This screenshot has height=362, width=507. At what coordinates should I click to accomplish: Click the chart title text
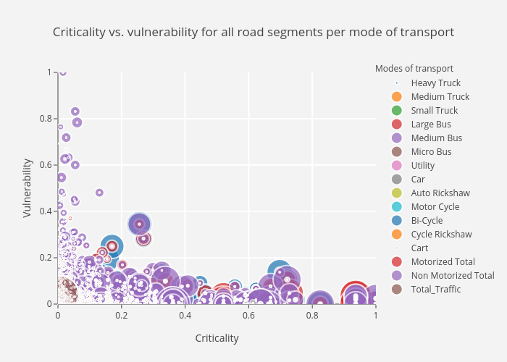click(x=253, y=33)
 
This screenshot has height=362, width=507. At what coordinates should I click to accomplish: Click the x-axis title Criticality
click(x=217, y=338)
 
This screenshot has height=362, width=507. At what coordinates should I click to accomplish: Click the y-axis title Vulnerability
click(x=28, y=188)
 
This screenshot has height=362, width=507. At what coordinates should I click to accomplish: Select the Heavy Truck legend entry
click(x=435, y=83)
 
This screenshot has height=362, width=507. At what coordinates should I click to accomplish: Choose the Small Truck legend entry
click(x=434, y=111)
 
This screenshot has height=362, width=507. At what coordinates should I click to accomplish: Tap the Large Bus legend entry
click(x=431, y=125)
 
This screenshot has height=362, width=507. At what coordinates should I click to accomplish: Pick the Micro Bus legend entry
click(x=431, y=152)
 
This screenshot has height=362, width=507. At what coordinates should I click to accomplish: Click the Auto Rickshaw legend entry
click(x=440, y=193)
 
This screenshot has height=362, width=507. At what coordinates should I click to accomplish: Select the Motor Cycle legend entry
click(x=435, y=207)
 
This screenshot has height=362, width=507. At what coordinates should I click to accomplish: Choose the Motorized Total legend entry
click(x=443, y=262)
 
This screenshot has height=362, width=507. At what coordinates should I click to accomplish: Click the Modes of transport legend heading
click(x=414, y=69)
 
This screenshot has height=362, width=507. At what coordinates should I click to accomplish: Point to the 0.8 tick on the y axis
click(x=48, y=119)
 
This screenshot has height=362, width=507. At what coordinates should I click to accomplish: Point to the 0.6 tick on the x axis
click(x=248, y=316)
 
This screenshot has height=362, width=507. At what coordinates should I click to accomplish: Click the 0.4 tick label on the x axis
click(x=185, y=316)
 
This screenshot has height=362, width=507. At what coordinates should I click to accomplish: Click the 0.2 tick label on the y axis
click(x=48, y=258)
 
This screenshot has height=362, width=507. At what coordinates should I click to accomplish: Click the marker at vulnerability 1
click(x=63, y=72)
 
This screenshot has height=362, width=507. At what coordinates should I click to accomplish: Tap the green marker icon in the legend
click(x=396, y=111)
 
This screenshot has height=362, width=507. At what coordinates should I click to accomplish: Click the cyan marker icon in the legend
click(x=396, y=207)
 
